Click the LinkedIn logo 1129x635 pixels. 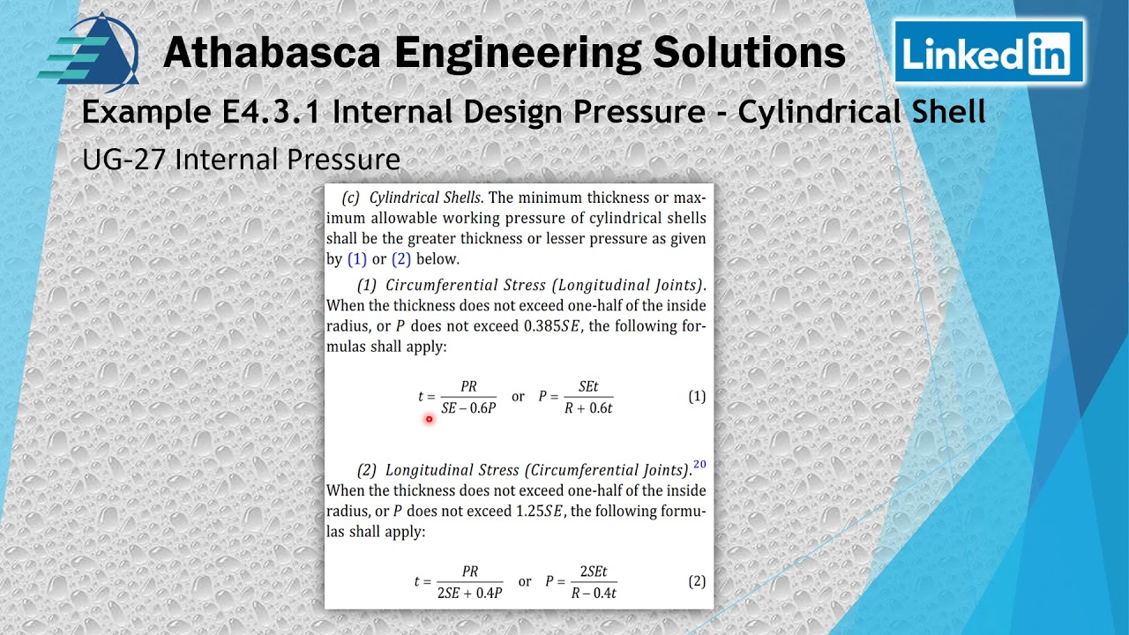pos(988,53)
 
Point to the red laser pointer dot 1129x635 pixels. pos(430,419)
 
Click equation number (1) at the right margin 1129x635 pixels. pos(697,397)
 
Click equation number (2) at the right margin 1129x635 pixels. pos(697,581)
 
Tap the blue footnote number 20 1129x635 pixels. pos(699,465)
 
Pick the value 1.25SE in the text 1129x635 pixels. pos(540,512)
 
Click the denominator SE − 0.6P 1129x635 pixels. pos(468,408)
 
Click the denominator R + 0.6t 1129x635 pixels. pos(588,408)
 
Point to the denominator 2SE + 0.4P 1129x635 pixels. pos(469,593)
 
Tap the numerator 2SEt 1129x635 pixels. pos(593,571)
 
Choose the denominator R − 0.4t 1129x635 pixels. pos(593,593)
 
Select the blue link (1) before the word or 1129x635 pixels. pos(357,259)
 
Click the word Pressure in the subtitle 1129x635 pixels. pos(349,160)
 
